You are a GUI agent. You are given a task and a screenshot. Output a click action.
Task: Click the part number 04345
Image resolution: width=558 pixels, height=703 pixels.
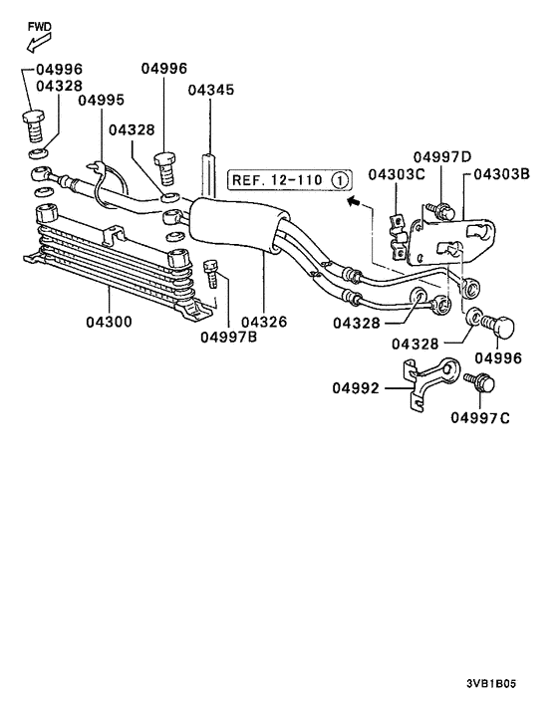[x=211, y=91]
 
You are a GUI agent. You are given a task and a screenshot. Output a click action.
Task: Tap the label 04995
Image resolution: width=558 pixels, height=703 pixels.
[x=102, y=100]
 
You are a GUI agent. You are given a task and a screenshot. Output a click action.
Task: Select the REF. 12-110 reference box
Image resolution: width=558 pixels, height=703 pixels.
[x=290, y=180]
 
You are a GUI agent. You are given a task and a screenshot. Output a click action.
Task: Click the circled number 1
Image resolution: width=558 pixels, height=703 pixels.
[x=340, y=180]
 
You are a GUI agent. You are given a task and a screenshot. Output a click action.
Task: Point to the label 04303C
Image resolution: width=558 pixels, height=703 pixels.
[x=397, y=174]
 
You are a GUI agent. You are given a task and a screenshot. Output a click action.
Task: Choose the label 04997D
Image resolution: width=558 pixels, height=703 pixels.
[x=442, y=157]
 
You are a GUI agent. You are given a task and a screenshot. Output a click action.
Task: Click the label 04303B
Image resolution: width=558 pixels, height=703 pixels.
[x=502, y=173]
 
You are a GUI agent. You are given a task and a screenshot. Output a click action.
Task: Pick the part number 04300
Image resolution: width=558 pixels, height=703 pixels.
[x=109, y=322]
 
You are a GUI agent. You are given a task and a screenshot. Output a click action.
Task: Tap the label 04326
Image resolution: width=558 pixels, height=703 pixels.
[x=264, y=322]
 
